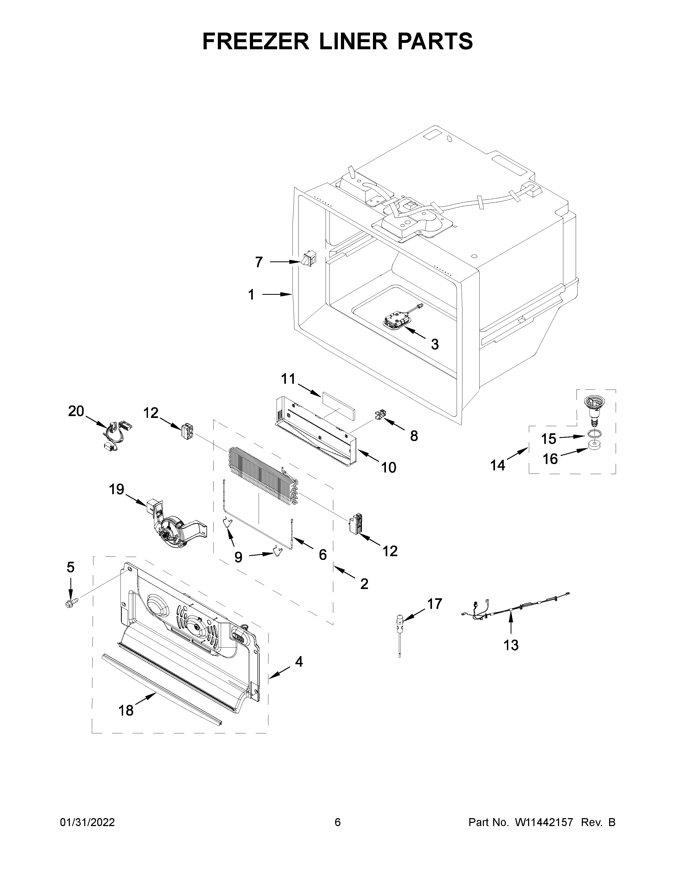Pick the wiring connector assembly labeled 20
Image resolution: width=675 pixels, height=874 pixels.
point(114,435)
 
